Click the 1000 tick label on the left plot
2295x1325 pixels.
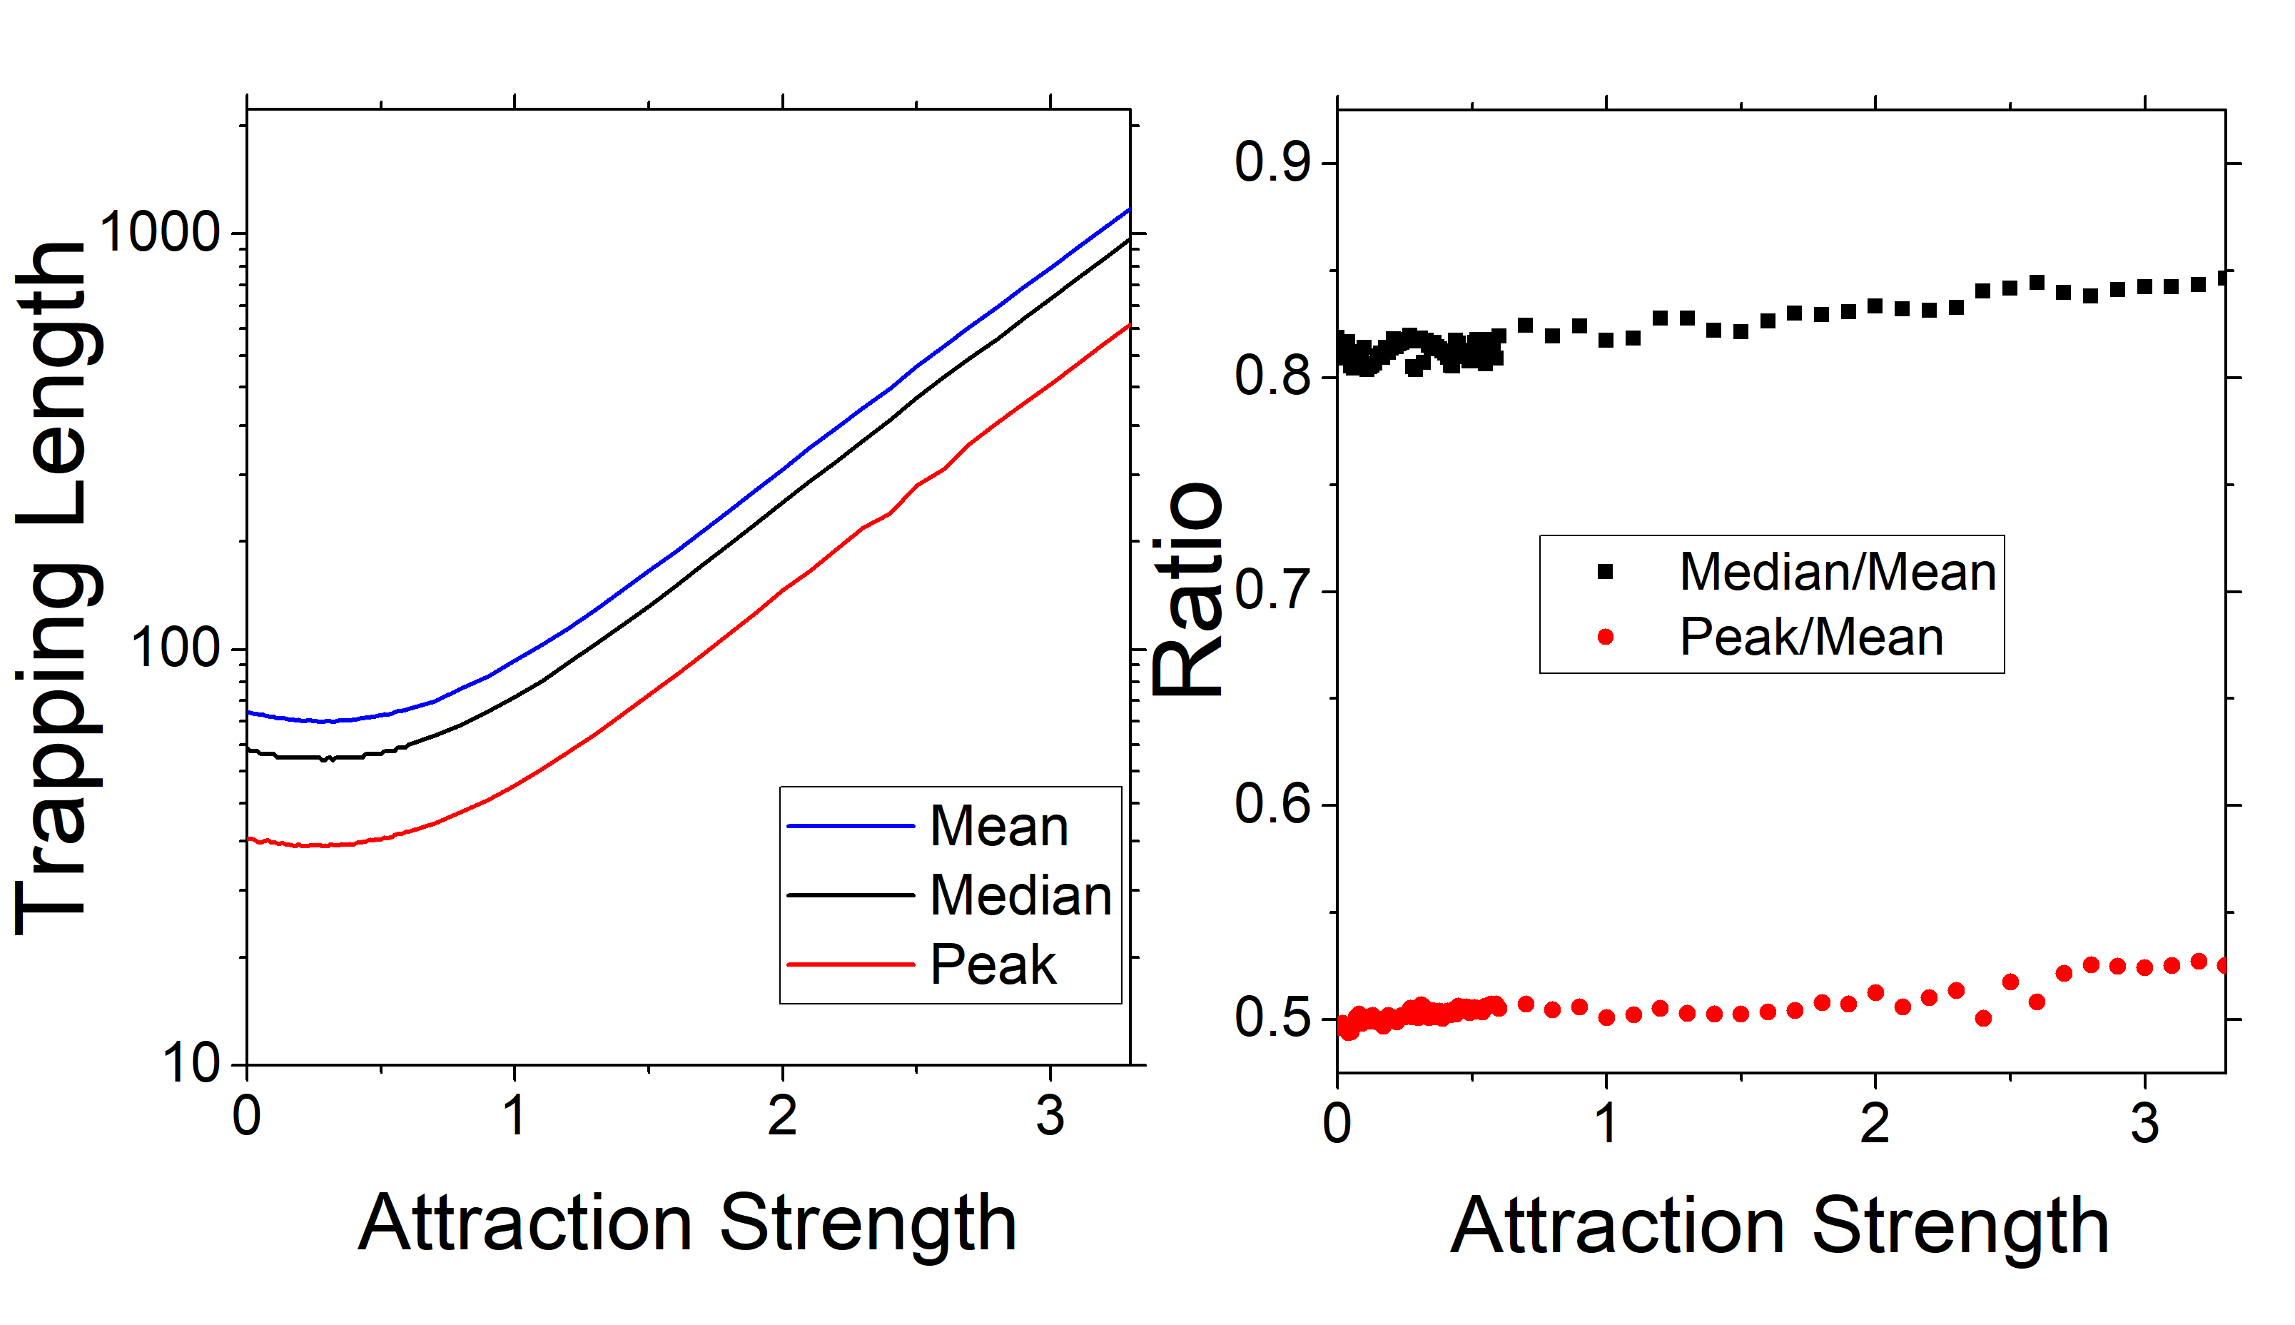[160, 233]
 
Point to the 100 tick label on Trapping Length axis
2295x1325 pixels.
[176, 649]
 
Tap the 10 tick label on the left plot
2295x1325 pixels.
[192, 1063]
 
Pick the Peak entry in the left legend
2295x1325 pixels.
[993, 964]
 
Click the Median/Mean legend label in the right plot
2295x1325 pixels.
[1838, 573]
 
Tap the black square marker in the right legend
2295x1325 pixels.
[1606, 573]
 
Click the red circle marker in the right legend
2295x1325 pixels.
[1606, 637]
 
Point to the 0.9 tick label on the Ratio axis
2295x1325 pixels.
[1272, 163]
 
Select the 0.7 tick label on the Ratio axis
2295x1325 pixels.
[1272, 592]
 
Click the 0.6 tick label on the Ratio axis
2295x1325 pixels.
[1272, 805]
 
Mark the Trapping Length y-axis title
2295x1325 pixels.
[53, 587]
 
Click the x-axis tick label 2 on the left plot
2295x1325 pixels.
[782, 1117]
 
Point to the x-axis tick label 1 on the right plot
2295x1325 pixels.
[1607, 1124]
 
